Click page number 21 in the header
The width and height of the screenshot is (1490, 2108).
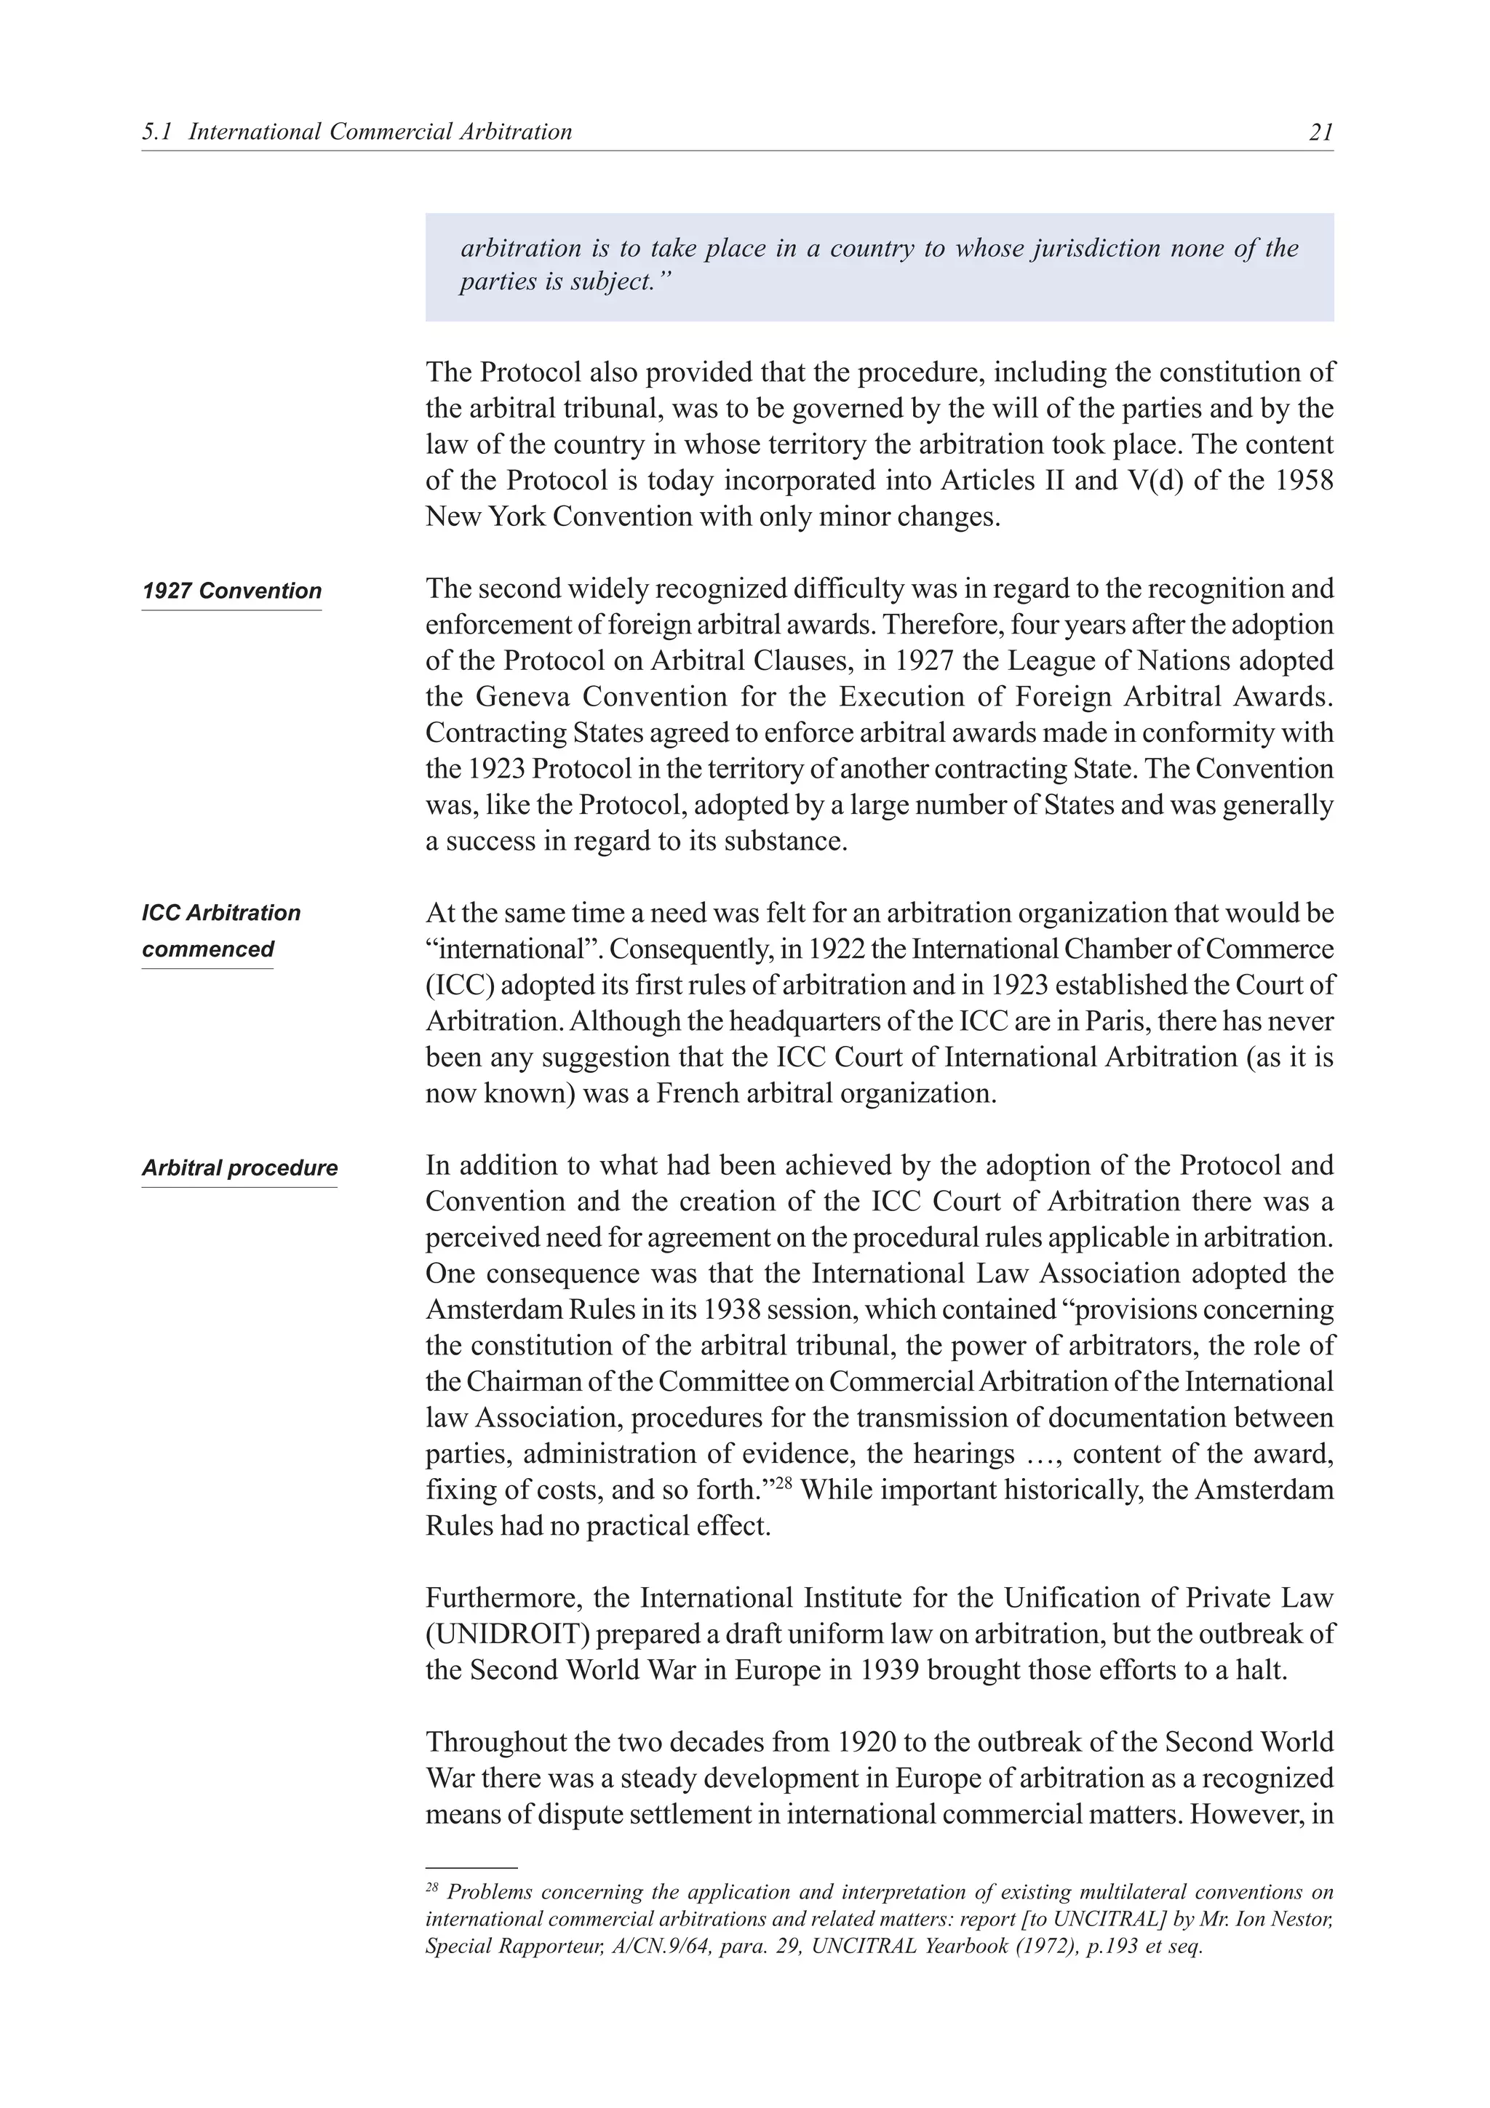click(1320, 132)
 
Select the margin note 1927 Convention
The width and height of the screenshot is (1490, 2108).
click(231, 591)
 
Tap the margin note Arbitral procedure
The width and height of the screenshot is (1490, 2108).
click(239, 1168)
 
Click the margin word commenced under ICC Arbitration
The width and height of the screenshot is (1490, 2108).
click(207, 949)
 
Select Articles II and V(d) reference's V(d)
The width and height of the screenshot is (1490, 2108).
click(1154, 481)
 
